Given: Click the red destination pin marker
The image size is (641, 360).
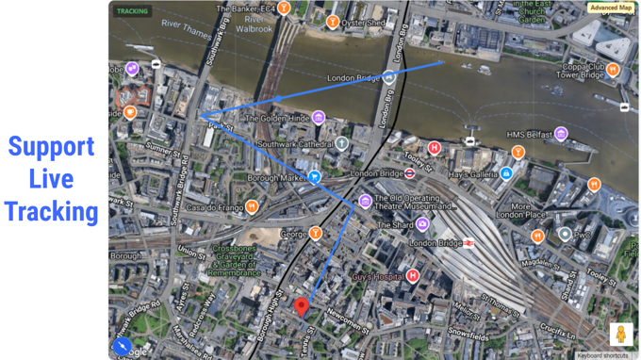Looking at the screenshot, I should click(302, 305).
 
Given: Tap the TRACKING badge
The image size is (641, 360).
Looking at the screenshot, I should click(131, 12).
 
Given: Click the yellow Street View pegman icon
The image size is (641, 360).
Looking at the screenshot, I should click(620, 334).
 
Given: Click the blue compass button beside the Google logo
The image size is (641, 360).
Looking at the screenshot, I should click(122, 346).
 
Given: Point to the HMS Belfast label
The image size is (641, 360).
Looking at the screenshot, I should click(527, 134).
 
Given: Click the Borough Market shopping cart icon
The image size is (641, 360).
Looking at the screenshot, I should click(316, 176).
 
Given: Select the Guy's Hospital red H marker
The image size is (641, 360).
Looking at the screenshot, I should click(413, 276).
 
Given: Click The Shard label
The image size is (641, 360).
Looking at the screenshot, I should click(394, 225).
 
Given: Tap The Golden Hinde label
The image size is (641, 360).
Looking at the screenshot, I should click(276, 119).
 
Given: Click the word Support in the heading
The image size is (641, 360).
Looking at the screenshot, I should click(51, 147).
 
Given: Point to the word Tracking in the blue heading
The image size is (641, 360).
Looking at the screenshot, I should click(51, 211).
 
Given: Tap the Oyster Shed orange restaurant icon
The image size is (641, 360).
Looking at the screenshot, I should click(332, 22).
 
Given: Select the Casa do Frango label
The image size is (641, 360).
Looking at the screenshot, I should click(214, 207).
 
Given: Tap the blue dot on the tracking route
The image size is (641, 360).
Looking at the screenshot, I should click(277, 98).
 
